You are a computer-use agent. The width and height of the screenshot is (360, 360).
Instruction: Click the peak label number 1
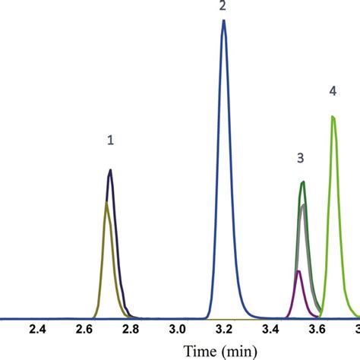click(111, 140)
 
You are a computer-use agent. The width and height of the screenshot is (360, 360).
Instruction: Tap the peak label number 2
click(223, 6)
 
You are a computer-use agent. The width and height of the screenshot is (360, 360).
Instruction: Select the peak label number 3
click(301, 158)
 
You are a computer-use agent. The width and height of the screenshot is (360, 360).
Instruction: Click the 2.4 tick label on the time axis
click(38, 330)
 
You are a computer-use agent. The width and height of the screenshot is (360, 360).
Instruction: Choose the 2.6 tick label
click(84, 330)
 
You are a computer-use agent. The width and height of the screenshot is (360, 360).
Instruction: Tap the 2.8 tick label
click(131, 330)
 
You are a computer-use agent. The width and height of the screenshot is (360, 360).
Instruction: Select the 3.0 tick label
click(177, 330)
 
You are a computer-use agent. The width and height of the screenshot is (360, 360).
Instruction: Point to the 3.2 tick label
click(223, 330)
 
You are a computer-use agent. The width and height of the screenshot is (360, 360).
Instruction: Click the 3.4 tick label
click(270, 330)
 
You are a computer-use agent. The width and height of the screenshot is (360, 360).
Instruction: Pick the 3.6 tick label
click(316, 330)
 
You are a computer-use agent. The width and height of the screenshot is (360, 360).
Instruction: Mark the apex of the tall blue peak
click(223, 21)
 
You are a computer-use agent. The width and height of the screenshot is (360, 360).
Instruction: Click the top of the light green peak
click(333, 116)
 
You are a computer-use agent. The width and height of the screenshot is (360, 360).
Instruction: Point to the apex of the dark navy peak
click(111, 170)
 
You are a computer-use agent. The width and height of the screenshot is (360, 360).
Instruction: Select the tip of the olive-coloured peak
click(106, 202)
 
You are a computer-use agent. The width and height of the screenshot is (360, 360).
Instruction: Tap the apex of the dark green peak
click(303, 182)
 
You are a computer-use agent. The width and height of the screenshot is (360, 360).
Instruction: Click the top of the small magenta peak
click(298, 271)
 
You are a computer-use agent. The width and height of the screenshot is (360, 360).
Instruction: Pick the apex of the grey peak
click(303, 205)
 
